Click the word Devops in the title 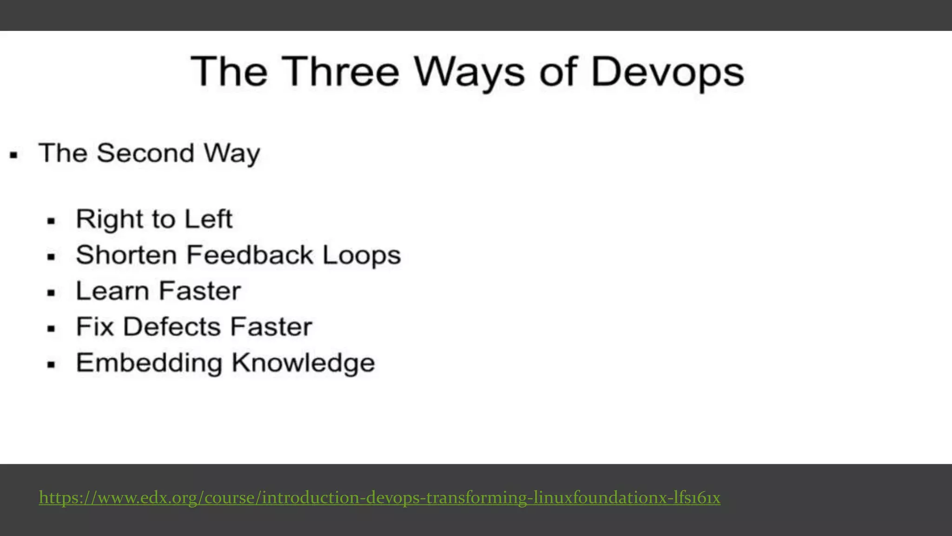[667, 73]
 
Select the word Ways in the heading [469, 73]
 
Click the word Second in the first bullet [145, 153]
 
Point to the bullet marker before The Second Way [14, 155]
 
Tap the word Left [208, 219]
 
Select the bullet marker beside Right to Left [51, 221]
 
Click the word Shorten [126, 255]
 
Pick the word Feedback [250, 255]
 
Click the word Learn [112, 291]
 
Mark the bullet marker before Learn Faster [51, 293]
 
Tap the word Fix [95, 327]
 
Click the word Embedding [149, 363]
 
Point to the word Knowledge [303, 363]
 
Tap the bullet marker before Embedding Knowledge [51, 365]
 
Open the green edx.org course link [379, 498]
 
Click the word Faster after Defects [271, 327]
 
